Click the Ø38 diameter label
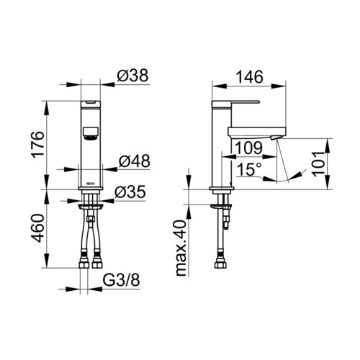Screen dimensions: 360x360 coord(132,76)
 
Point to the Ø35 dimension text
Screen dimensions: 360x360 coord(130,192)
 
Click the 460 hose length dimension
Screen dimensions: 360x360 coord(38,228)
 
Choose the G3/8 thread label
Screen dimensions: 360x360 coord(121,280)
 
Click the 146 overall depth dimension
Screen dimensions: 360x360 coord(250,77)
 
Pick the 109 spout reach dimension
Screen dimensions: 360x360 coord(248,148)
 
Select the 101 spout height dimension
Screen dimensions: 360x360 coord(319,164)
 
